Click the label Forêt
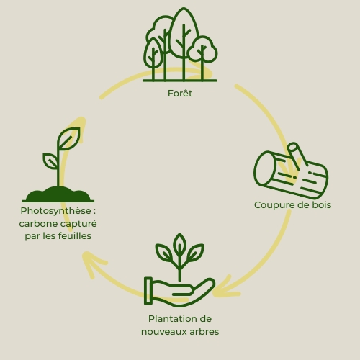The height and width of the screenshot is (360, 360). click(x=180, y=94)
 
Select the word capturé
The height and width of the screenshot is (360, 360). click(x=78, y=224)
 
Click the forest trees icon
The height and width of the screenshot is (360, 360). click(x=180, y=45)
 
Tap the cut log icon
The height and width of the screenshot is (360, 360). click(x=291, y=171)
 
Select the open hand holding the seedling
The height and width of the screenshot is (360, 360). click(x=179, y=292)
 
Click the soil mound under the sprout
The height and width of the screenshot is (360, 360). click(x=58, y=194)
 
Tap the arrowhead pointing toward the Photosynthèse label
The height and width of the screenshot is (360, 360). click(x=92, y=263)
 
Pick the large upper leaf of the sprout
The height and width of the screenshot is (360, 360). click(x=68, y=139)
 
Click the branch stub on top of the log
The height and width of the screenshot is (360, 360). click(x=297, y=156)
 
